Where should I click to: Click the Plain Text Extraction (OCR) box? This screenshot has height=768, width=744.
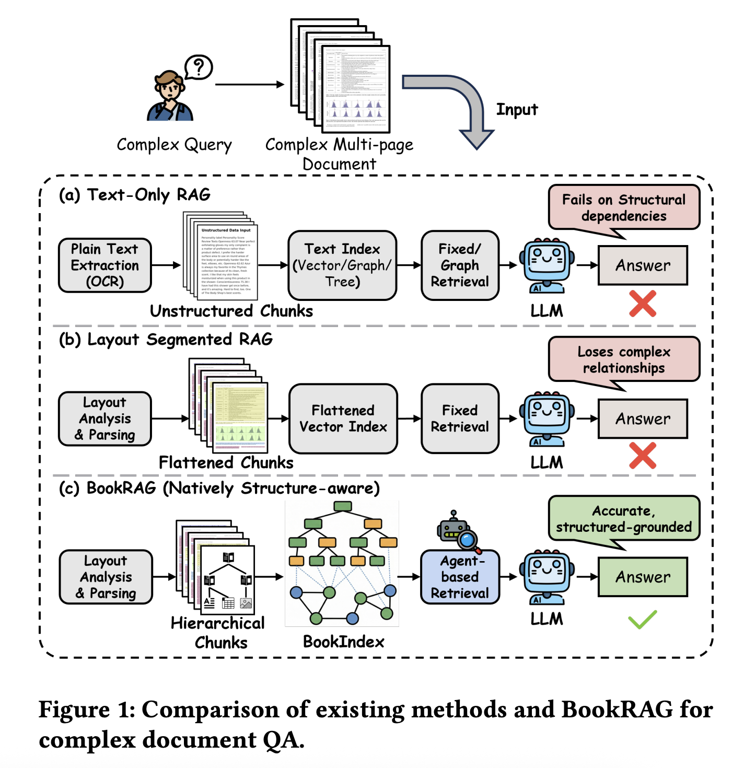pos(105,265)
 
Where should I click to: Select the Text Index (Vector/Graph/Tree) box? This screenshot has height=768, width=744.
pos(342,265)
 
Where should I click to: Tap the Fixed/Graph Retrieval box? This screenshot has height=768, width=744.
pos(460,265)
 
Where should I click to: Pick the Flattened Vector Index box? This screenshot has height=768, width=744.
pos(343,418)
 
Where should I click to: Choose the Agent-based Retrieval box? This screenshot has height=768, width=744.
pos(460,577)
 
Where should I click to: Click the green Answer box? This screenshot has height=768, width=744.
pos(643,577)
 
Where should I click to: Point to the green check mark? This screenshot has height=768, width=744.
pos(642,620)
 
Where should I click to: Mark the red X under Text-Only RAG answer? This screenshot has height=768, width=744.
pos(643,304)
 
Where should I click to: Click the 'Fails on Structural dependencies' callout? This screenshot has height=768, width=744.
pos(624,208)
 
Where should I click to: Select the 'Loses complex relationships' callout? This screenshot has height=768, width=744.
pos(624,360)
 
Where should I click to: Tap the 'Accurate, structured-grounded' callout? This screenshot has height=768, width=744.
pos(624,519)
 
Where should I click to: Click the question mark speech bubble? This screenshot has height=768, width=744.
pos(199,67)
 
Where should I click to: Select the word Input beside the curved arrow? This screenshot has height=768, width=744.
pos(517,110)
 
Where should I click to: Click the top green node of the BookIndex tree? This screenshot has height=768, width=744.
pos(342,506)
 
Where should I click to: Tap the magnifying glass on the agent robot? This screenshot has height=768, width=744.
pos(468,539)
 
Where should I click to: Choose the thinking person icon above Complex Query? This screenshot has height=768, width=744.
pos(170,97)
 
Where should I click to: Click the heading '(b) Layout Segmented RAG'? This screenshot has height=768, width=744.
pos(166,340)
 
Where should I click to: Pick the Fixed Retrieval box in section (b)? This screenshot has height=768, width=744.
pos(460,418)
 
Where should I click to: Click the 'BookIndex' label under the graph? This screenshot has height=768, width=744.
pos(343,642)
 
